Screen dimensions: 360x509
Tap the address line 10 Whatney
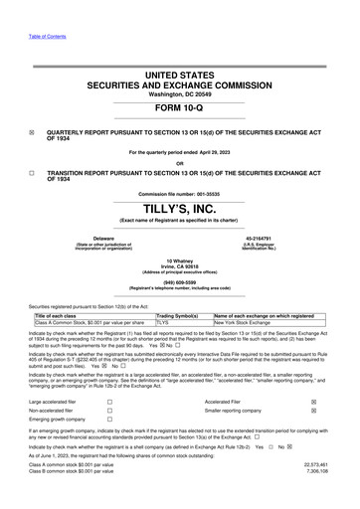click(x=179, y=259)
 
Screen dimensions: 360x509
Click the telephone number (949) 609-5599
click(x=179, y=280)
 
